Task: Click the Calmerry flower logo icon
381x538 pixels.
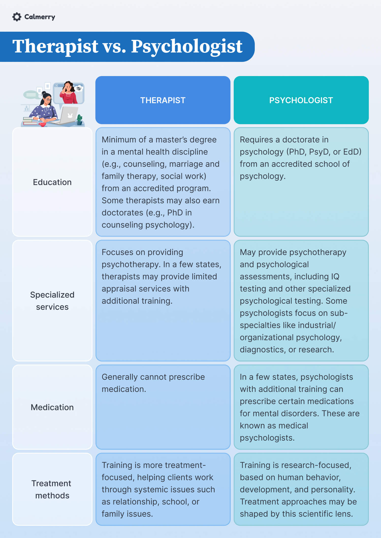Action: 17,17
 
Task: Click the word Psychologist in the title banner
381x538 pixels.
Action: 187,46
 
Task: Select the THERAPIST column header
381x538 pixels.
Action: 163,100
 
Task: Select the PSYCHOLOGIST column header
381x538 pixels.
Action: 301,100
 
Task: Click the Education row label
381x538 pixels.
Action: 52,182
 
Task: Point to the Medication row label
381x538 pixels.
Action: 52,407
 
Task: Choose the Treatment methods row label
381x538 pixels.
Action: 52,489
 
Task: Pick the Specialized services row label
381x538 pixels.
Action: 52,301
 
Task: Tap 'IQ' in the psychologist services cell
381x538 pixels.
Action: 335,276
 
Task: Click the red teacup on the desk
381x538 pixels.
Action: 42,124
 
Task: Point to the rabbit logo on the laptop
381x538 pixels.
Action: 70,116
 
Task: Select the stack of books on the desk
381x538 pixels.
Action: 30,121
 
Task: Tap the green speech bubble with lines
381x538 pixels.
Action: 31,95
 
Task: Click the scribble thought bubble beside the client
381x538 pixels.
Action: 79,88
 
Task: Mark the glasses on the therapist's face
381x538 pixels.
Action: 47,100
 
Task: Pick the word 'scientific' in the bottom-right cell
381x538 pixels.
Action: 316,514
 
